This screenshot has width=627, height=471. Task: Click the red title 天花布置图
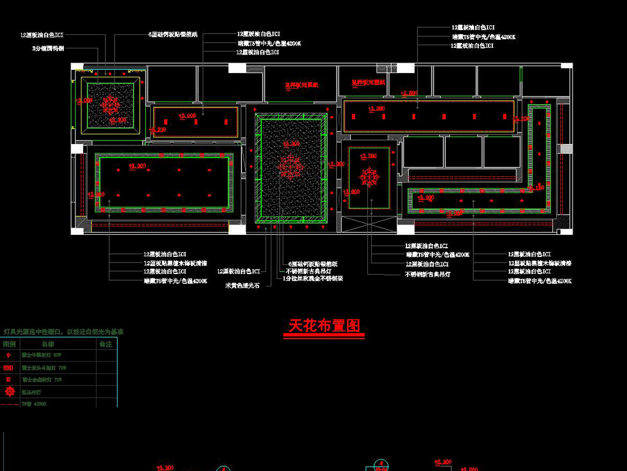click(324, 326)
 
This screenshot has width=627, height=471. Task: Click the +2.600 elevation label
click(408, 93)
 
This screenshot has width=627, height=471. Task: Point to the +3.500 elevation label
click(368, 156)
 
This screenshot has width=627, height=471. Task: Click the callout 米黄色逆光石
click(243, 286)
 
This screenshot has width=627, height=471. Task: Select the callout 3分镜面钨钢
click(48, 47)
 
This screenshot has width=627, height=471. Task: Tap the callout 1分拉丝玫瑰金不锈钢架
click(313, 278)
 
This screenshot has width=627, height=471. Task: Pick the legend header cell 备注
click(105, 345)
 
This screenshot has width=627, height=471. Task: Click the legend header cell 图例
click(10, 345)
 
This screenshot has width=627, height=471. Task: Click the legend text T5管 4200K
click(34, 404)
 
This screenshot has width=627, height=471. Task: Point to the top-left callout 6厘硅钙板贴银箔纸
click(173, 35)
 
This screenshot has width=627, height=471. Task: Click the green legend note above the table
click(64, 331)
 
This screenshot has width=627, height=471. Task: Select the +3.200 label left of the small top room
click(157, 129)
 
